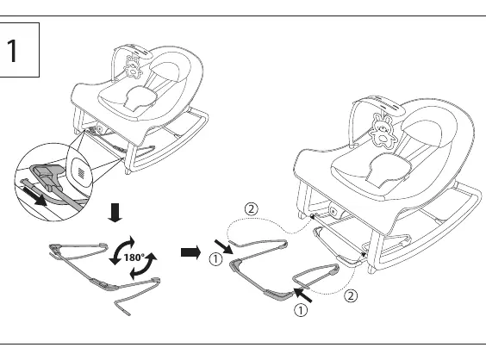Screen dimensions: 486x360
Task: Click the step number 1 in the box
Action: coord(12,51)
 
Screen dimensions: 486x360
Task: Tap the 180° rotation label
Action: coord(134,258)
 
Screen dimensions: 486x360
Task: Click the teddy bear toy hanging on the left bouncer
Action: coord(134,67)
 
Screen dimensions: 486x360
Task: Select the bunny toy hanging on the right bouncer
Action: coord(383,129)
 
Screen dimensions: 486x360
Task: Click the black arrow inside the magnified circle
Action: coord(34,196)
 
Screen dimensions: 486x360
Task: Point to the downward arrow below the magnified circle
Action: coord(115,213)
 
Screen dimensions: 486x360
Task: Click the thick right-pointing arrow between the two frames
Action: coord(190,252)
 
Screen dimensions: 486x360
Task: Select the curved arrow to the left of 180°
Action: coord(121,251)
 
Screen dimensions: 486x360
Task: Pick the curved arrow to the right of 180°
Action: coord(143,266)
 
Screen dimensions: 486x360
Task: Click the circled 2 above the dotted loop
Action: coord(251,209)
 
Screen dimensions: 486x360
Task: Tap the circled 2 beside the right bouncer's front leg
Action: coord(351,296)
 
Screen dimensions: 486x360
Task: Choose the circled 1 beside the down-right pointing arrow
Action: coord(215,259)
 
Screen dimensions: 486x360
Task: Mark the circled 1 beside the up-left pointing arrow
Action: coord(301,310)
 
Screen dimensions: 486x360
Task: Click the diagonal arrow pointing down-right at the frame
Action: coord(224,247)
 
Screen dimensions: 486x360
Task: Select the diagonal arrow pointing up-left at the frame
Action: coord(302,295)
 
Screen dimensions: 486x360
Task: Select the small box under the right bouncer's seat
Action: coord(337,211)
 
